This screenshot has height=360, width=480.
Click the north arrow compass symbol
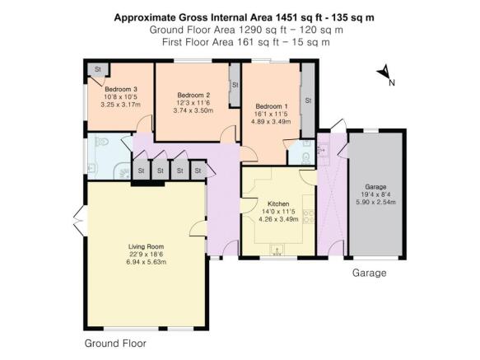pyautogui.click(x=384, y=74)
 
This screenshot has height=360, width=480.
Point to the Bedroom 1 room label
pyautogui.click(x=271, y=106)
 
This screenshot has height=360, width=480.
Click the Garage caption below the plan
pyautogui.click(x=369, y=272)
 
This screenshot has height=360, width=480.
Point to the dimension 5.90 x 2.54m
pyautogui.click(x=375, y=202)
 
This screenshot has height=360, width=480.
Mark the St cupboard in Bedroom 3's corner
pyautogui.click(x=97, y=68)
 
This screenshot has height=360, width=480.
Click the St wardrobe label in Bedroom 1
pyautogui.click(x=308, y=101)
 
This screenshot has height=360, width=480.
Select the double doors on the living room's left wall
pyautogui.click(x=79, y=220)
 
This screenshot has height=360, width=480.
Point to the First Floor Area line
pyautogui.click(x=240, y=42)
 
